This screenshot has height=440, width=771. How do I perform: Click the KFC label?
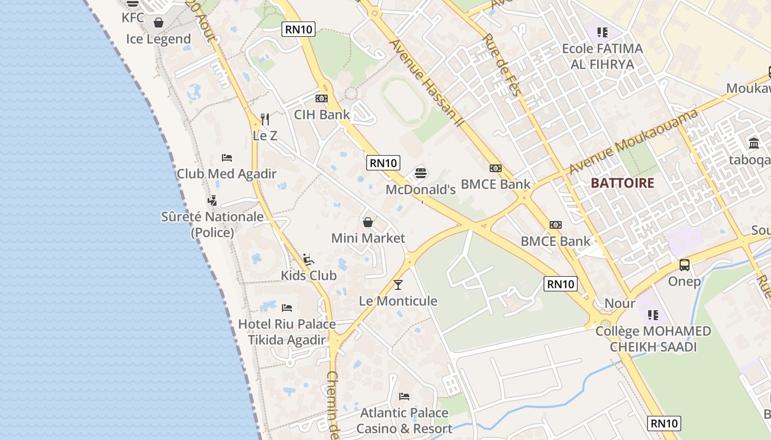point(133,18)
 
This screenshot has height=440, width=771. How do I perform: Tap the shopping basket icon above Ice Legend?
point(159,23)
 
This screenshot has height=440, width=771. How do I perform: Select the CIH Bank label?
point(322,114)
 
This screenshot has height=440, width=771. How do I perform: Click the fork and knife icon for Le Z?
point(265,119)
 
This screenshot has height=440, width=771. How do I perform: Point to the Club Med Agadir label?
point(226,174)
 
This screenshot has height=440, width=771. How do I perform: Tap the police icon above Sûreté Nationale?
point(212,200)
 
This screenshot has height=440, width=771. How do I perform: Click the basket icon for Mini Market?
point(368,222)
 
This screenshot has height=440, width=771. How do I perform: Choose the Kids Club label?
point(308,275)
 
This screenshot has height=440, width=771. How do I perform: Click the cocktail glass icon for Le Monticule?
point(398,284)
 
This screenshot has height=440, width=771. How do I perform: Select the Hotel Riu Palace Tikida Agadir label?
point(287,332)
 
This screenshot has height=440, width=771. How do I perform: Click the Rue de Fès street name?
point(501,65)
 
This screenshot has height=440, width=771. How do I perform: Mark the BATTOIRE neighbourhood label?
point(622,183)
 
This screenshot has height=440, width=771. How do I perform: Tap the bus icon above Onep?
point(685,265)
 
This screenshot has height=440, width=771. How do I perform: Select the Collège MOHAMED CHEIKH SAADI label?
point(653,339)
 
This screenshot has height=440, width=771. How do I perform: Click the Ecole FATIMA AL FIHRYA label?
point(602,56)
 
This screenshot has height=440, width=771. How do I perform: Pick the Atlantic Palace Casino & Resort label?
point(404,420)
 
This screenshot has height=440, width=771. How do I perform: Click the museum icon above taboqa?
point(754,144)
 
